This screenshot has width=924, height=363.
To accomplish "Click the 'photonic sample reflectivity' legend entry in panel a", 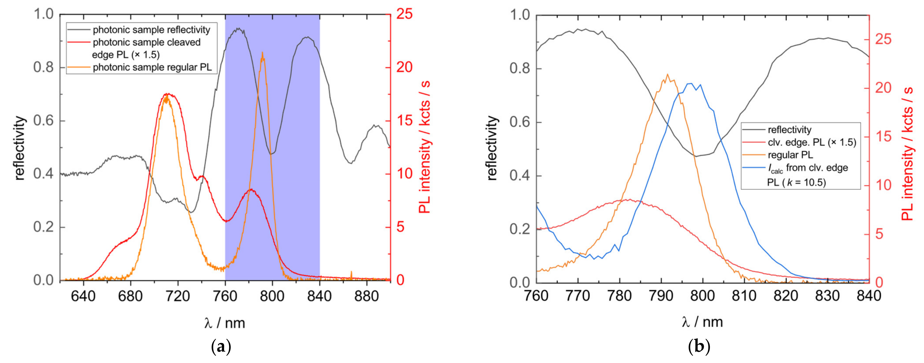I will click(x=151, y=30).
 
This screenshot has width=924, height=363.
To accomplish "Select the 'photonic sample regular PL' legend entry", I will click(x=152, y=67).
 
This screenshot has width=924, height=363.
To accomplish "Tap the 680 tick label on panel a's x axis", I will click(x=130, y=296).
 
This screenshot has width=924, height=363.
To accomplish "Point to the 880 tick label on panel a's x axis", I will click(x=366, y=296).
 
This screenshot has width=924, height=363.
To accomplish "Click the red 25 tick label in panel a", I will click(x=404, y=14).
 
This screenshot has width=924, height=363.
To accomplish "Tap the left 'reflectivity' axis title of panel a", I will click(x=20, y=148).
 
